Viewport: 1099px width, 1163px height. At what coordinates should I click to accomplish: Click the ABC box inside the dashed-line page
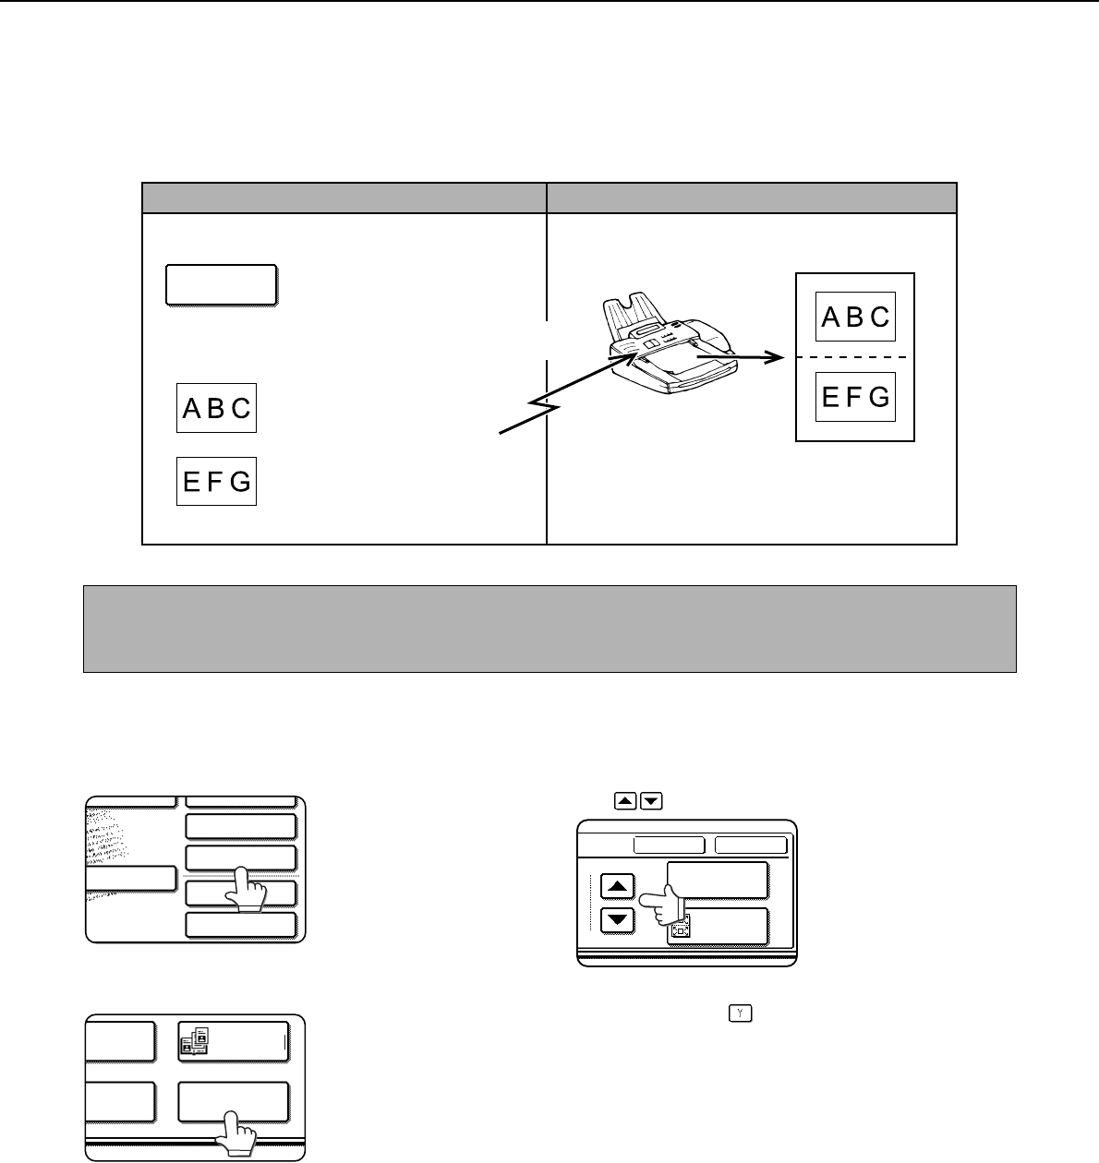(855, 317)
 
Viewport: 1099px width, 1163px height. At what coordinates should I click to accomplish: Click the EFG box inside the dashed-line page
(855, 397)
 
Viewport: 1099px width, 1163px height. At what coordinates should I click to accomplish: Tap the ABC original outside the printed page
(216, 408)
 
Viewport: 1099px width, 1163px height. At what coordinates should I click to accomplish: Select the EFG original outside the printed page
(216, 481)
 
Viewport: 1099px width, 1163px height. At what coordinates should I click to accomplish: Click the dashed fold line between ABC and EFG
(851, 356)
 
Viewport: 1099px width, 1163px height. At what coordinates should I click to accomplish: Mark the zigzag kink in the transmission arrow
(544, 405)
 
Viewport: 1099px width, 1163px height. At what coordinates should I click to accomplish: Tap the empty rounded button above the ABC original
(222, 285)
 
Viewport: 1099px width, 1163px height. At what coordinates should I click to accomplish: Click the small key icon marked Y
(741, 1013)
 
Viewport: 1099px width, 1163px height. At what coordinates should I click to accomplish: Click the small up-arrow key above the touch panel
(625, 800)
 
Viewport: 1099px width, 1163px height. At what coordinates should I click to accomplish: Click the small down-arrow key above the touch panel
(651, 800)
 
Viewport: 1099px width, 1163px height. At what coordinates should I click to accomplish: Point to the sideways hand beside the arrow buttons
(662, 905)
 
